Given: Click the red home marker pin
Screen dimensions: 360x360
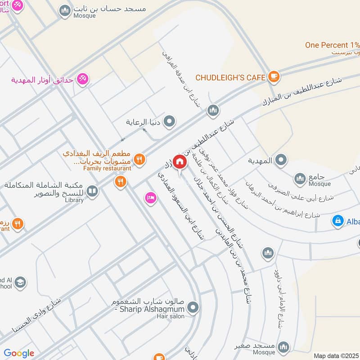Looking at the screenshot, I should pyautogui.click(x=180, y=162).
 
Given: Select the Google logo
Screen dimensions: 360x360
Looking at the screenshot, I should pyautogui.click(x=19, y=353).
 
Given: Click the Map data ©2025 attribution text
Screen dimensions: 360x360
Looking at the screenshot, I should pyautogui.click(x=336, y=355).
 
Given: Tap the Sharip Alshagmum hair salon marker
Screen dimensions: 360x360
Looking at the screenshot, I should pyautogui.click(x=193, y=308).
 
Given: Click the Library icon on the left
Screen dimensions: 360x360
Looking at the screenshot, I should pyautogui.click(x=92, y=192).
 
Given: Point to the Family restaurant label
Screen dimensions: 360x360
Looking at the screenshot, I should pyautogui.click(x=107, y=168).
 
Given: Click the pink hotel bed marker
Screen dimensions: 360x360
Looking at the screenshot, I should pyautogui.click(x=150, y=197).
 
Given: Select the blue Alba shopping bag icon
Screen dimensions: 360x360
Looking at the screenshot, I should pyautogui.click(x=337, y=220).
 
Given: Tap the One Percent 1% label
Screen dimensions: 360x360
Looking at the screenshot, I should pyautogui.click(x=332, y=45).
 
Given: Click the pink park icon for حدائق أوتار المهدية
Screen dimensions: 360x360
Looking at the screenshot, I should pyautogui.click(x=82, y=79).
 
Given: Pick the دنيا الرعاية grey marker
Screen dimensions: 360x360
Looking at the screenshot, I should pyautogui.click(x=169, y=121).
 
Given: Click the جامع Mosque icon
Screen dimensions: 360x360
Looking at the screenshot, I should pyautogui.click(x=300, y=179).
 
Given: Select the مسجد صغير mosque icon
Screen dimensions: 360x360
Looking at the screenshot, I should pyautogui.click(x=283, y=346).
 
